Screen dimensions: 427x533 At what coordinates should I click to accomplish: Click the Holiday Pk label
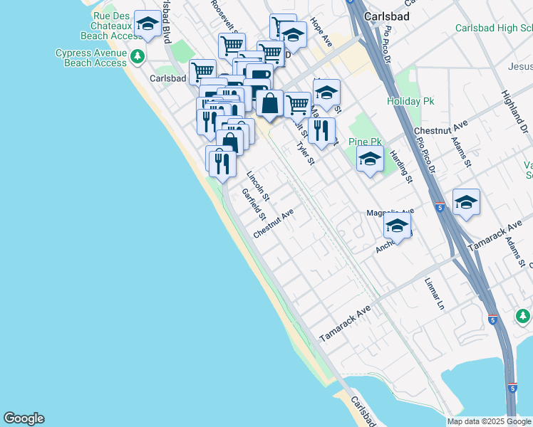point(410,101)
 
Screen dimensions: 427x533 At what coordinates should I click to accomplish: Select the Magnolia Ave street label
point(390,212)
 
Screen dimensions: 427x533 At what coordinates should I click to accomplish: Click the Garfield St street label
point(253,204)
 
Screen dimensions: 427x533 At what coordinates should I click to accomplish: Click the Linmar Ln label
point(435,294)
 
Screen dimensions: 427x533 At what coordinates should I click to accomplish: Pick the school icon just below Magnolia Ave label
point(397,227)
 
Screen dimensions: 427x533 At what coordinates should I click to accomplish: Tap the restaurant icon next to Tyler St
point(322,129)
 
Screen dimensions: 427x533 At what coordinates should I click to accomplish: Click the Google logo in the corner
point(24,418)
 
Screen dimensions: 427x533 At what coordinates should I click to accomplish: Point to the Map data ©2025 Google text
point(489,421)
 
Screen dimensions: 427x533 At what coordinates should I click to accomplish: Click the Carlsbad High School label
point(494,28)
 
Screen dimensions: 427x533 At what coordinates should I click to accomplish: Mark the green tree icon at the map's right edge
point(523,315)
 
